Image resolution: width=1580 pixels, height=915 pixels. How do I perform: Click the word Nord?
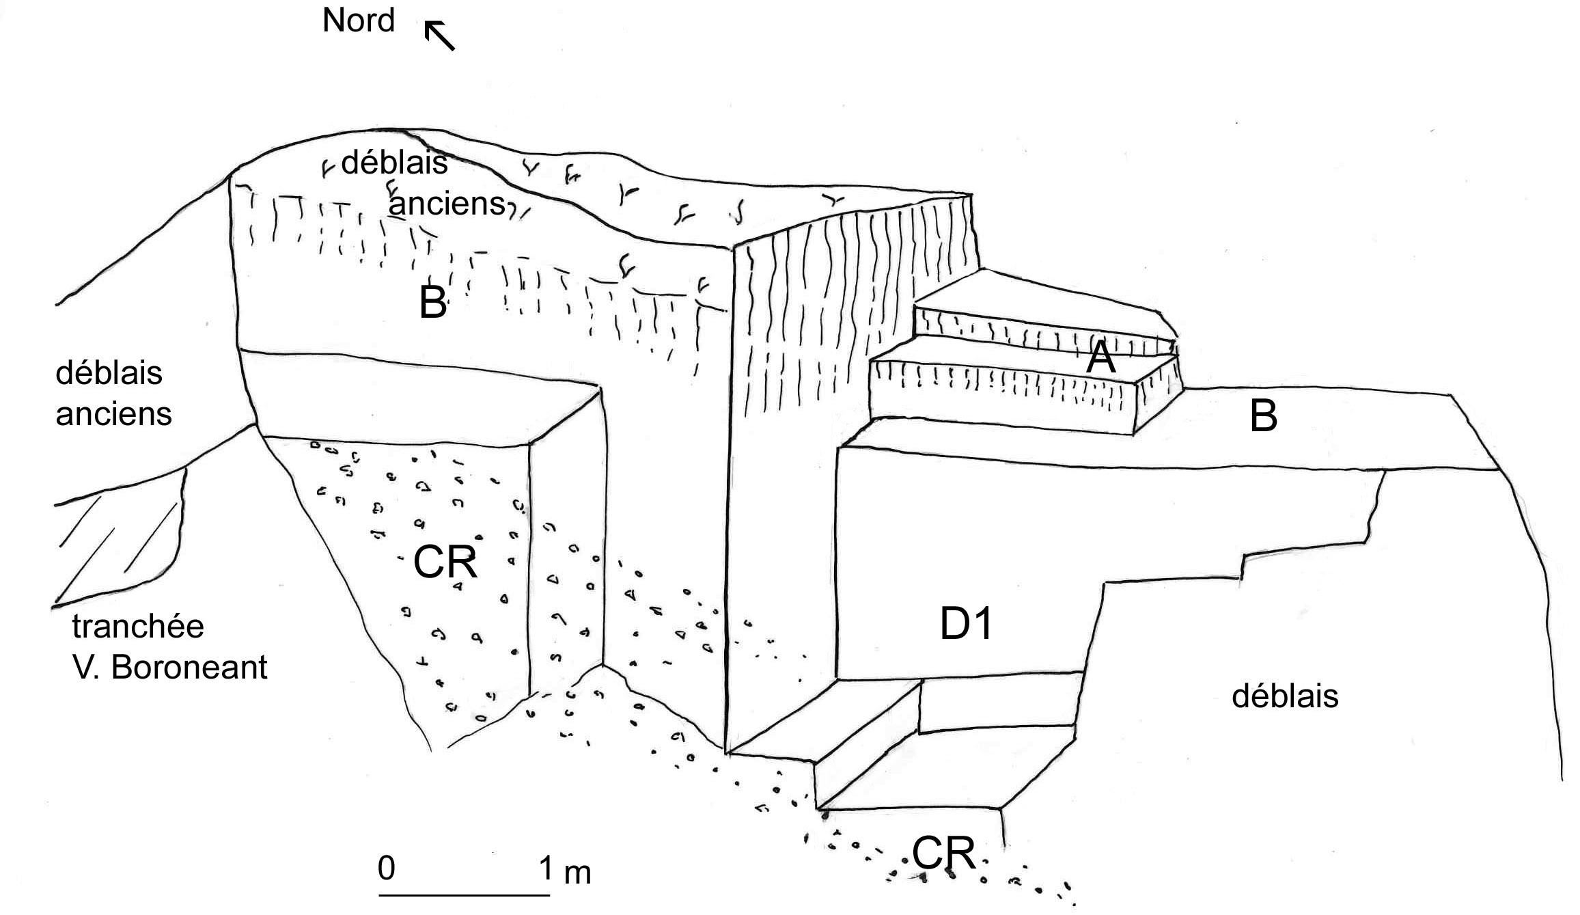[359, 21]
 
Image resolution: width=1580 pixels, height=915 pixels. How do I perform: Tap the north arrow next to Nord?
[439, 36]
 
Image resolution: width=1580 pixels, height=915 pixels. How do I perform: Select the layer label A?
[1100, 357]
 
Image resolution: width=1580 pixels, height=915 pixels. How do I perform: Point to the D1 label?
[966, 624]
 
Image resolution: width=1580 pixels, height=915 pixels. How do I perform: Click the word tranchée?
[138, 626]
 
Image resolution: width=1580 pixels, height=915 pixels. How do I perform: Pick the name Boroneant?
[189, 667]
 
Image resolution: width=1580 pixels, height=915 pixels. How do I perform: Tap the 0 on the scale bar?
[387, 868]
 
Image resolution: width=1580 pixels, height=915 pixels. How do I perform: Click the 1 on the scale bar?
[546, 869]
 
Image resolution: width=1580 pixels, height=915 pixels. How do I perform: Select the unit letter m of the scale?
[577, 873]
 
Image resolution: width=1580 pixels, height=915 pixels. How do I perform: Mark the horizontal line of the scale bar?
[465, 894]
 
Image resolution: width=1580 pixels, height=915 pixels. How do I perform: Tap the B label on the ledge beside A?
[1263, 416]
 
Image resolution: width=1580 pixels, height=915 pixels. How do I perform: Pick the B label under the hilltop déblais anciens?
[433, 303]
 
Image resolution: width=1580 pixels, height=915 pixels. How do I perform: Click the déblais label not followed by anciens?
[1285, 696]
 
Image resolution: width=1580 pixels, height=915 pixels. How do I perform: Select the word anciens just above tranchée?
[113, 414]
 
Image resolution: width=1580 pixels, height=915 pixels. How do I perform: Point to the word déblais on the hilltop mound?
[394, 163]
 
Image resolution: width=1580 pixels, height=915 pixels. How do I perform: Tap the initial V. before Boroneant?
[87, 667]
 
